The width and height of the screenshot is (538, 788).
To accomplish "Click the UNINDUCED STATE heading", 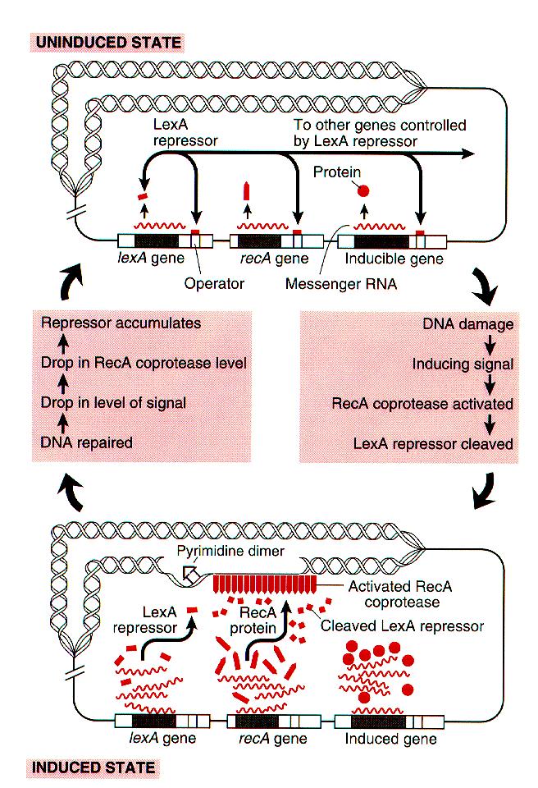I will click(x=107, y=40).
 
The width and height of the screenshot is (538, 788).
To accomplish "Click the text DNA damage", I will click(x=468, y=324).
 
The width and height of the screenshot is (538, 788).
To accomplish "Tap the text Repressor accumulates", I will click(x=121, y=323).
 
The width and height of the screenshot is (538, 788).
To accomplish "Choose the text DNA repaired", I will click(x=87, y=442).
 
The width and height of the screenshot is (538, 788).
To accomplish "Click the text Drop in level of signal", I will click(x=113, y=402).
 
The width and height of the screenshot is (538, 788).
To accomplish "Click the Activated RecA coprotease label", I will click(x=399, y=593).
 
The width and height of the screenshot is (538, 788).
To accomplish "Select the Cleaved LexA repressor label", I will click(x=402, y=626).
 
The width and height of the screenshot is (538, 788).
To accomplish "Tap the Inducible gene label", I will click(x=394, y=259).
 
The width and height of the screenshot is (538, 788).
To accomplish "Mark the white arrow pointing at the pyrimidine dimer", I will click(x=190, y=575).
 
